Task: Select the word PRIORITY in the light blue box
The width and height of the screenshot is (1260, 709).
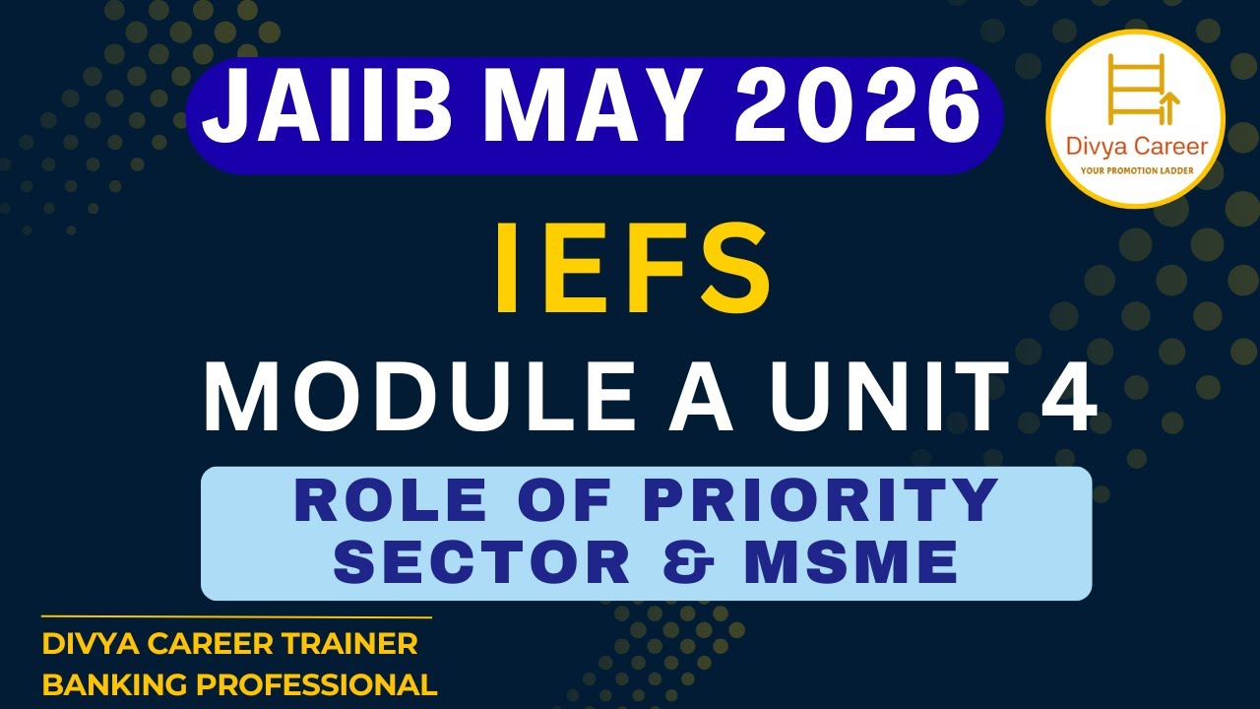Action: [x=822, y=500]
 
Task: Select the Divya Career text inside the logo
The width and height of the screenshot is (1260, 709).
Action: [x=1135, y=147]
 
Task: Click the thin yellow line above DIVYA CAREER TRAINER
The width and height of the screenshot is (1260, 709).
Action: [x=236, y=617]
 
